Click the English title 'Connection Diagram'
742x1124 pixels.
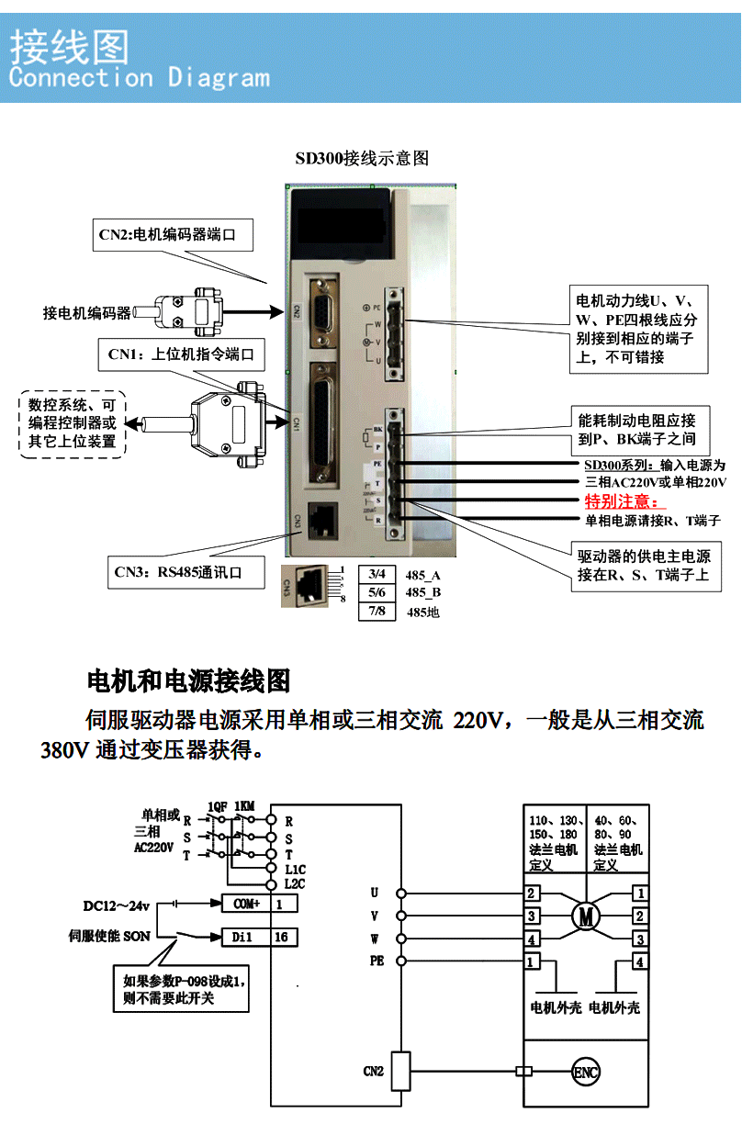click(140, 77)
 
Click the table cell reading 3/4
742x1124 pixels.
click(377, 574)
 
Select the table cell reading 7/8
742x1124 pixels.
click(377, 611)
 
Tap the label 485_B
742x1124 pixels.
click(422, 592)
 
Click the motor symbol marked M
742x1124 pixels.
click(585, 915)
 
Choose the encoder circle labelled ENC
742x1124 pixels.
click(586, 1071)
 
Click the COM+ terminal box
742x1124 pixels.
click(246, 904)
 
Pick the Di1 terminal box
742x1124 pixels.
click(246, 937)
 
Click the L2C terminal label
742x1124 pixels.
click(295, 883)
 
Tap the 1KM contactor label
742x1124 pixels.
click(244, 805)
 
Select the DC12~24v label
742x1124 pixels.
click(116, 905)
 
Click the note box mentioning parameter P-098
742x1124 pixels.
click(181, 988)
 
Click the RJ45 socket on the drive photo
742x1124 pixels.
click(324, 521)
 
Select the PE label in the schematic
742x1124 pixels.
click(377, 961)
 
